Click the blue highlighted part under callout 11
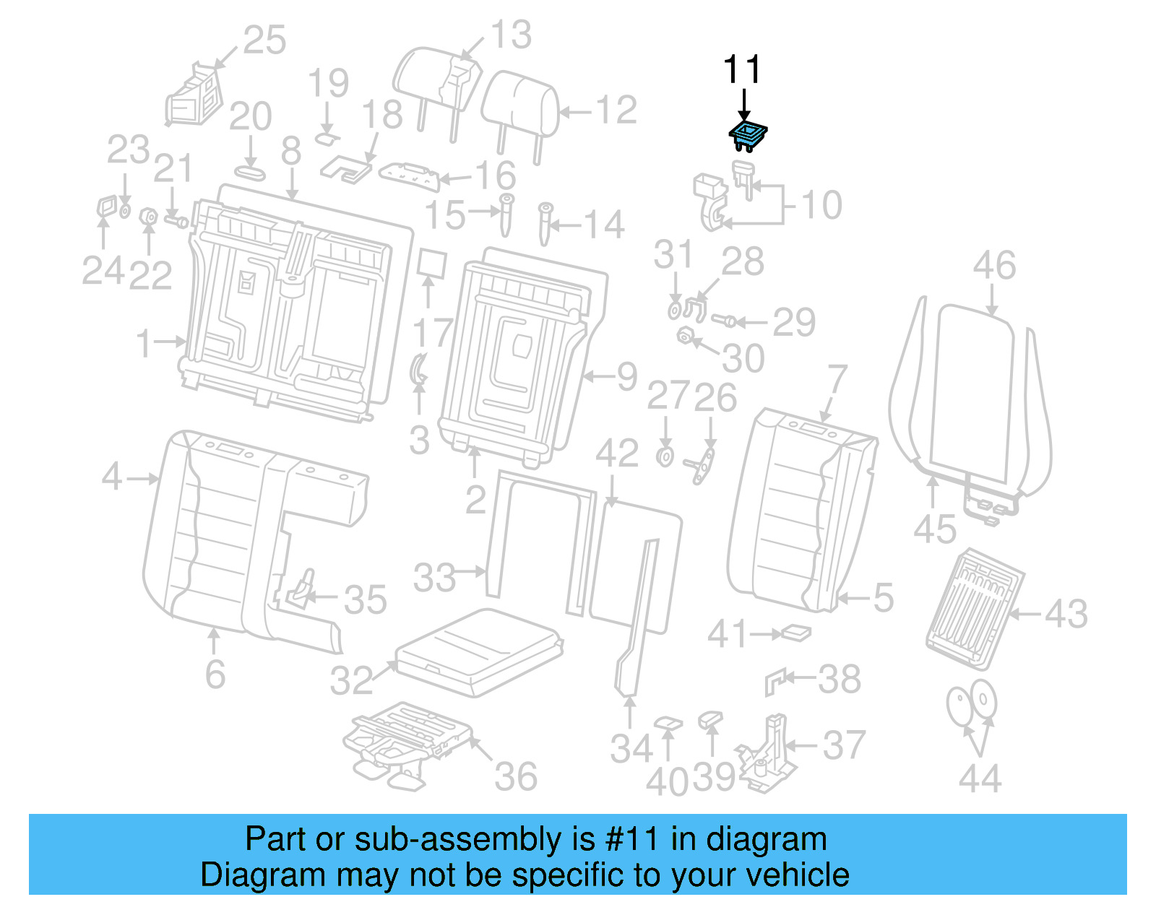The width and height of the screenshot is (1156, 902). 747,134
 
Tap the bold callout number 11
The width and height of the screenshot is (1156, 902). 742,70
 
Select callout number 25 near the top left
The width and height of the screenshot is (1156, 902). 264,40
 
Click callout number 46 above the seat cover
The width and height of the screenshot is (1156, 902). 994,266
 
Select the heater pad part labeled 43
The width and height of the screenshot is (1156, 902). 973,608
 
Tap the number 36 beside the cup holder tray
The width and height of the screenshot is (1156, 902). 516,777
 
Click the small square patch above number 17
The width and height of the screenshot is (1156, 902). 431,264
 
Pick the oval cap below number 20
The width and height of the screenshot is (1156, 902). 250,173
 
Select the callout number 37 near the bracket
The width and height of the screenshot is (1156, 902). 844,745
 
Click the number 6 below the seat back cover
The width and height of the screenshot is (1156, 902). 215,675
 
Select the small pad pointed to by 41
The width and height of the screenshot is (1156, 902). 797,633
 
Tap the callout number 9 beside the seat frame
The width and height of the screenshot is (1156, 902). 626,376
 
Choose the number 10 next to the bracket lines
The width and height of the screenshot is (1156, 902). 822,205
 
